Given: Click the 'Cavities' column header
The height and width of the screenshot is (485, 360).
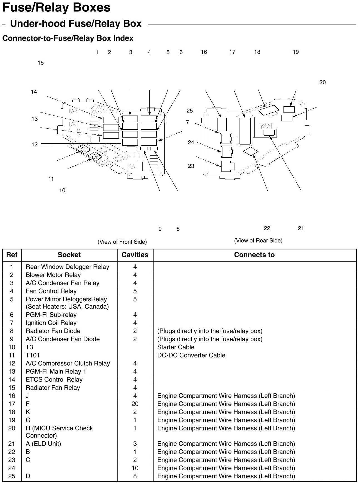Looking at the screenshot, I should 135,255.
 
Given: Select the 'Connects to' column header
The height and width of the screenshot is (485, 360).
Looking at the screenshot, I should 254,255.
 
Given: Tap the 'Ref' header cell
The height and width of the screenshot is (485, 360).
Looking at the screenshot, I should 12,255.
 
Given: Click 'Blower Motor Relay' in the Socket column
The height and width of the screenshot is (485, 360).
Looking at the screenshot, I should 53,275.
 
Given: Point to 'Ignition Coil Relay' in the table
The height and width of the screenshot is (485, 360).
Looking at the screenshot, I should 51,323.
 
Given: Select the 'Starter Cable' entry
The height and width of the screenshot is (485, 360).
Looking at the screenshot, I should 176,347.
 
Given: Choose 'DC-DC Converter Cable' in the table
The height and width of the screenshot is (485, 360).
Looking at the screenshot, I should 191,355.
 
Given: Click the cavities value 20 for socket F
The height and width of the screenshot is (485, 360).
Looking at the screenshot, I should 135,404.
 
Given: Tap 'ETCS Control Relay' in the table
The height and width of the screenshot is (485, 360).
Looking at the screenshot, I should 54,379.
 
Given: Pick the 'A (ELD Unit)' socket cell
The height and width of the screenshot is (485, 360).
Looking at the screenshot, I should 43,444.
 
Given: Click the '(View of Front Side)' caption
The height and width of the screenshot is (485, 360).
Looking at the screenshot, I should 122,242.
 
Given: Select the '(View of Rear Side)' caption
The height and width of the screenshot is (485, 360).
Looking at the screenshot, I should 258,240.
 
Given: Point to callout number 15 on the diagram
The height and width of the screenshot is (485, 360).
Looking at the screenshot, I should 41,63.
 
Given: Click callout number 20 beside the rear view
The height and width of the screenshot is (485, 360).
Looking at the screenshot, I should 322,82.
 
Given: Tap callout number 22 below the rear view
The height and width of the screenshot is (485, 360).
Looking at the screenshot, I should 267,228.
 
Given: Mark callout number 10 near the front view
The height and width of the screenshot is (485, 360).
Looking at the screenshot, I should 62,190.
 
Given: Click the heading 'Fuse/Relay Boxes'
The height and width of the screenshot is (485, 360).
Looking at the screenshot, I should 56,8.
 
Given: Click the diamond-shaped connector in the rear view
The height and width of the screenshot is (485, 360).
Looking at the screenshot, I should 250,152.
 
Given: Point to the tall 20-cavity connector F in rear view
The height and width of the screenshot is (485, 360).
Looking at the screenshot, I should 245,131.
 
